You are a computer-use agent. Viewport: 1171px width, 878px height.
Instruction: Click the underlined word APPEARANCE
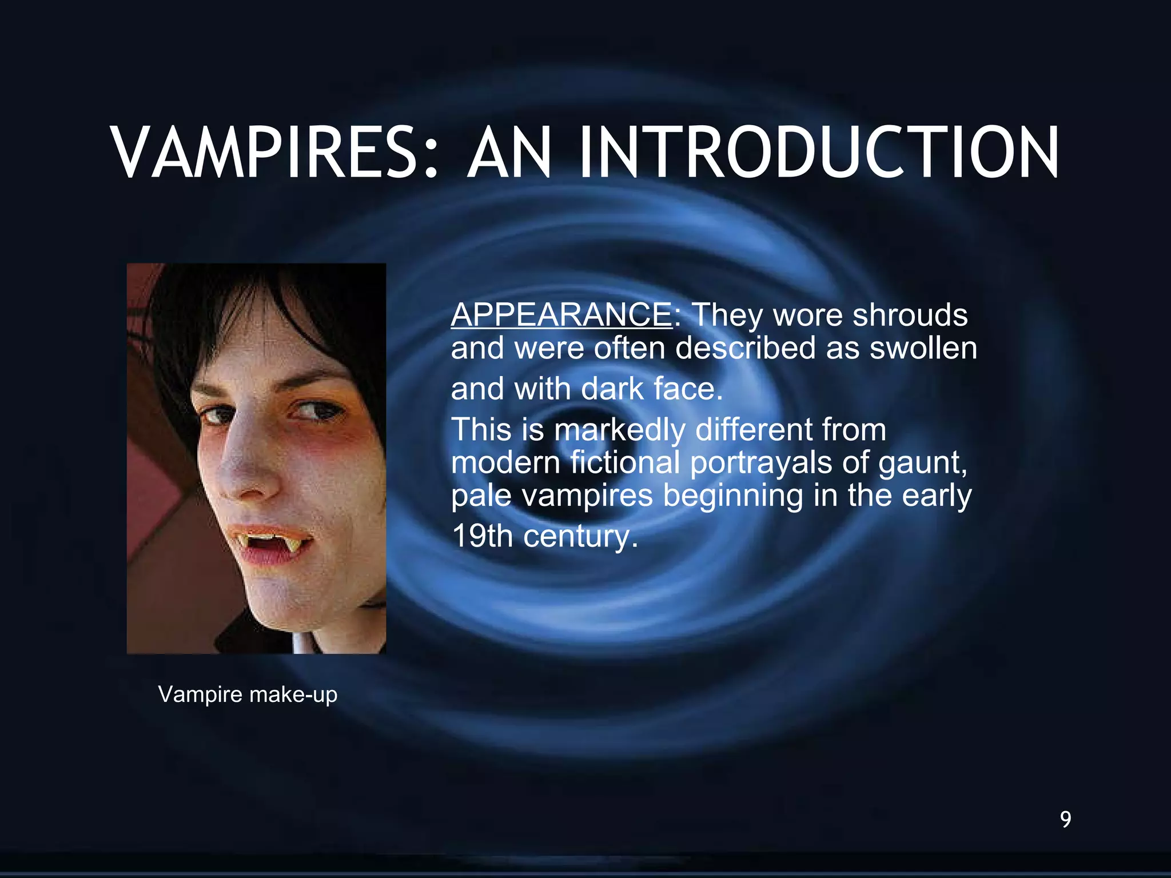(x=562, y=315)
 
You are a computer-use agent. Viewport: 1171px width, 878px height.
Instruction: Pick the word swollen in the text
(x=923, y=348)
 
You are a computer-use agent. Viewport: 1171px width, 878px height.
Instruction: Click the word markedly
(x=620, y=429)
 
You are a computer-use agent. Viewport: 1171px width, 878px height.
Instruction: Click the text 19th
(x=481, y=536)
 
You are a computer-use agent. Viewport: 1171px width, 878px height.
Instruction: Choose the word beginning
(x=733, y=496)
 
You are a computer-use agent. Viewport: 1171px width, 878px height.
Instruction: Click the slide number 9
(x=1065, y=819)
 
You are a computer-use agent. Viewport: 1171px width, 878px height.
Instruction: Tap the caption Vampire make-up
(x=248, y=695)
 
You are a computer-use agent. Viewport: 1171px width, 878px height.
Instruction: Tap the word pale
(x=480, y=496)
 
